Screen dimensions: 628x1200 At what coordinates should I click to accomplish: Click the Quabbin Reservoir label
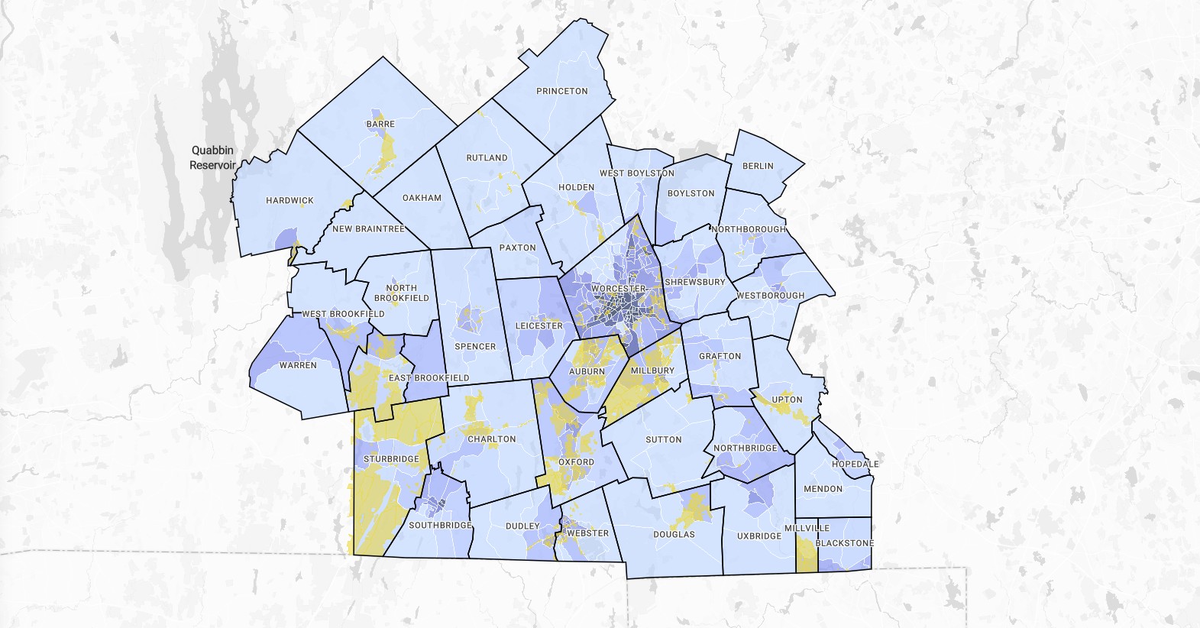(x=212, y=157)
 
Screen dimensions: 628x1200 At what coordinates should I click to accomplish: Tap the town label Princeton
(x=562, y=91)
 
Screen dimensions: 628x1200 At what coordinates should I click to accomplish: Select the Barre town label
(x=380, y=124)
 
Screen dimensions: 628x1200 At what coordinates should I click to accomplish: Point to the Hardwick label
(x=289, y=200)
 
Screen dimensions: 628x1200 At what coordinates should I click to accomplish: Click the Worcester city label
(x=619, y=288)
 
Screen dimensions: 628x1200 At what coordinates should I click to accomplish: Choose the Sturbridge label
(x=391, y=459)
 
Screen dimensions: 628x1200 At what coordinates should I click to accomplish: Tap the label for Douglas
(x=674, y=534)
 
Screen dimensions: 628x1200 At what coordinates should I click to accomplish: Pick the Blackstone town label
(x=845, y=543)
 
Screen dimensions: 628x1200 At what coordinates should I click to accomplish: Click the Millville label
(x=807, y=528)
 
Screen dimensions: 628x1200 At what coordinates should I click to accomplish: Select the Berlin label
(x=758, y=166)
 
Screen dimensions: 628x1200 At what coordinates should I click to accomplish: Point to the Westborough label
(x=771, y=296)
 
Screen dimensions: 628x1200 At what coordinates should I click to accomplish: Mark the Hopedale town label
(x=856, y=464)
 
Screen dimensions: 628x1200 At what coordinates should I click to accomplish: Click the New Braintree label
(x=368, y=228)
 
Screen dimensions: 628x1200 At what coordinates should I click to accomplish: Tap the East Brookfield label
(x=429, y=377)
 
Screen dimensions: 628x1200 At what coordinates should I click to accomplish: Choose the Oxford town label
(x=576, y=462)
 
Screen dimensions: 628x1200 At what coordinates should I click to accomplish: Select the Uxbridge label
(x=759, y=536)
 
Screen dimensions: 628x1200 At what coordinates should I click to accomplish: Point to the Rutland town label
(x=487, y=157)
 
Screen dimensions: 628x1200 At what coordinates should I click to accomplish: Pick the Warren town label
(x=298, y=365)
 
